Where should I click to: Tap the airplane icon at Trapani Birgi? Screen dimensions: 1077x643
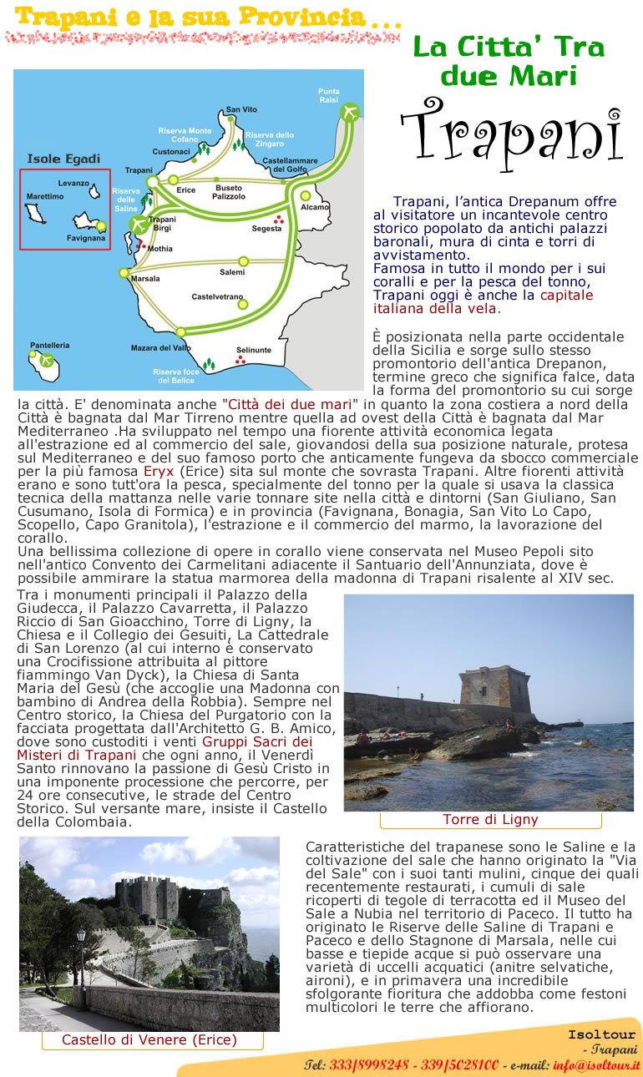[139, 225]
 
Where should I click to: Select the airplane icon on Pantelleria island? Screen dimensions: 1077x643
[47, 361]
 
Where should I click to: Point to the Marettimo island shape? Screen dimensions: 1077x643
[34, 212]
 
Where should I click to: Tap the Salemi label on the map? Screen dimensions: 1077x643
[232, 272]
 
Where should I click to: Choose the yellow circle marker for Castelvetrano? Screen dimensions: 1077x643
[242, 304]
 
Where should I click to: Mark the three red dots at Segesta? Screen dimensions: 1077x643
[278, 221]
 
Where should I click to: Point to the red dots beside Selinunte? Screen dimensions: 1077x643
[240, 360]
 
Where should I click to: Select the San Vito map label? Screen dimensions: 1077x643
[241, 109]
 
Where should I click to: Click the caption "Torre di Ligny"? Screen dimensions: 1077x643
[490, 819]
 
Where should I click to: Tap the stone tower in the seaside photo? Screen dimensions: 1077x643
[495, 687]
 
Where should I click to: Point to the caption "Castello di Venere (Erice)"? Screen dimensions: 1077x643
[149, 1039]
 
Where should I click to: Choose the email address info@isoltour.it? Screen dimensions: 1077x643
[596, 1065]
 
